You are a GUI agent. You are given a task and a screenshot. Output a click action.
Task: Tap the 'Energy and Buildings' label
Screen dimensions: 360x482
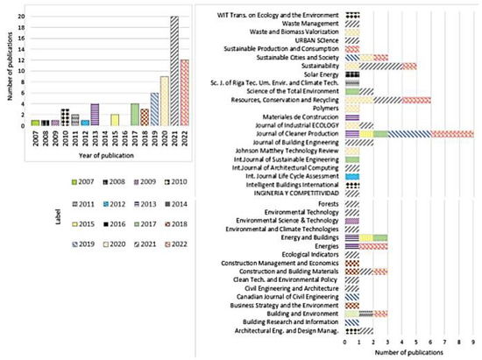coord(309,236)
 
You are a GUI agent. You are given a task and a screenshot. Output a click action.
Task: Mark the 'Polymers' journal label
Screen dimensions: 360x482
coord(325,109)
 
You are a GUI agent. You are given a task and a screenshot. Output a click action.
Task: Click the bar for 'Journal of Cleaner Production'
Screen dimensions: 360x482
coord(409,134)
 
